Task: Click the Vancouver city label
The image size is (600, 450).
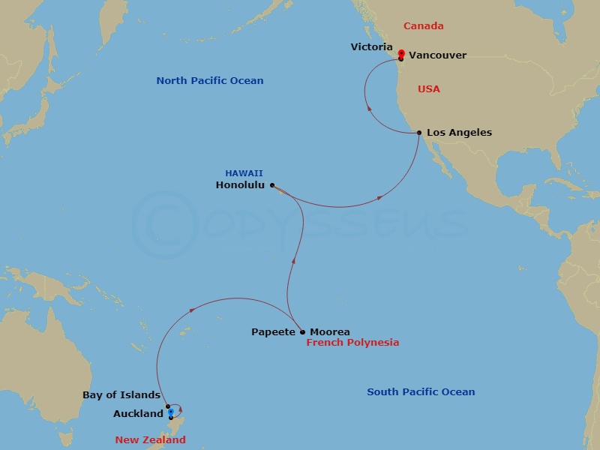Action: point(438,55)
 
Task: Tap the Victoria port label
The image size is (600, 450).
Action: point(371,47)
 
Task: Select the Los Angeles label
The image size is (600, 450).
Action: point(459,133)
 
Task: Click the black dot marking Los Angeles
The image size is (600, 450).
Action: point(419,133)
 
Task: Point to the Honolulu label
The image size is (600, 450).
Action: point(239,185)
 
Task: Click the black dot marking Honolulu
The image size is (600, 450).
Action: point(272,184)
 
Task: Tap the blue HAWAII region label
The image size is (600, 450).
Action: point(244,173)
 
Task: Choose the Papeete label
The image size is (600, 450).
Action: point(274,331)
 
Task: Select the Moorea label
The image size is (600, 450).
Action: point(329,331)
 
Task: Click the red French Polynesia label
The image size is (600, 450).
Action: point(352,343)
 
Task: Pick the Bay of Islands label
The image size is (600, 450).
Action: point(121,395)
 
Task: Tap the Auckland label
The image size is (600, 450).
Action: point(138,413)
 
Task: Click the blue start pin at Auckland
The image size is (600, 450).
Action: point(171,412)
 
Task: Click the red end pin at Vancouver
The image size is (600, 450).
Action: point(401,53)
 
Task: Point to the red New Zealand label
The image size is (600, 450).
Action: point(150,440)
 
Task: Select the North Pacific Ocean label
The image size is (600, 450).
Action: point(210,81)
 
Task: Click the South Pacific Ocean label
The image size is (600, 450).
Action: point(421,392)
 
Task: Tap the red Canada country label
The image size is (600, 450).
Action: point(424,26)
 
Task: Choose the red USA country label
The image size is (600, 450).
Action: point(429,89)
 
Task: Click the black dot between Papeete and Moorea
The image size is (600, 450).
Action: point(302,331)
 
